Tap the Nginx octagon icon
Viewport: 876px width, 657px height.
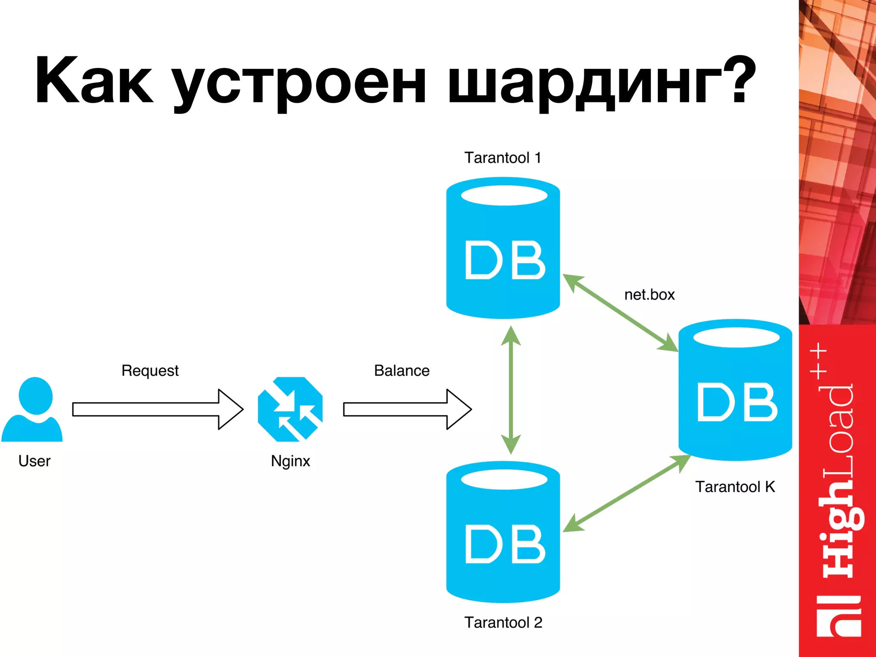tap(290, 409)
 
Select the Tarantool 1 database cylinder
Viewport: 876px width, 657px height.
tap(503, 248)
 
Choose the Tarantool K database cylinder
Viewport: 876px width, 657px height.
tap(735, 390)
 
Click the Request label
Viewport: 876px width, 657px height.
tap(150, 370)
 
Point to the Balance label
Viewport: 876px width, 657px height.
tap(402, 370)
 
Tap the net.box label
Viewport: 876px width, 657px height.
tap(649, 295)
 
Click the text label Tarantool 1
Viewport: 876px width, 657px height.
tap(503, 158)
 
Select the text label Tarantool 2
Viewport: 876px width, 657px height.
tap(503, 622)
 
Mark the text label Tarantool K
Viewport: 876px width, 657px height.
tap(735, 487)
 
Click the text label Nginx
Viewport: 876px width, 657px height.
tap(290, 461)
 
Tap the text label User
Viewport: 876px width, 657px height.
tap(34, 461)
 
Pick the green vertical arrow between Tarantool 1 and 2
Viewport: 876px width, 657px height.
tap(511, 390)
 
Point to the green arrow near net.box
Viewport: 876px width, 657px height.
tap(620, 313)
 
